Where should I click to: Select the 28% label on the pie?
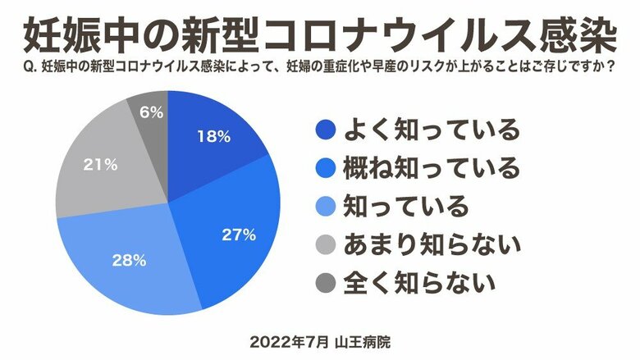click(129, 262)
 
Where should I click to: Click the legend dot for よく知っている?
click(327, 129)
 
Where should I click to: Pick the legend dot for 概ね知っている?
click(327, 167)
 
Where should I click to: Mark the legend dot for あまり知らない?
click(327, 244)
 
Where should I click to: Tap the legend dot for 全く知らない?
click(327, 283)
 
